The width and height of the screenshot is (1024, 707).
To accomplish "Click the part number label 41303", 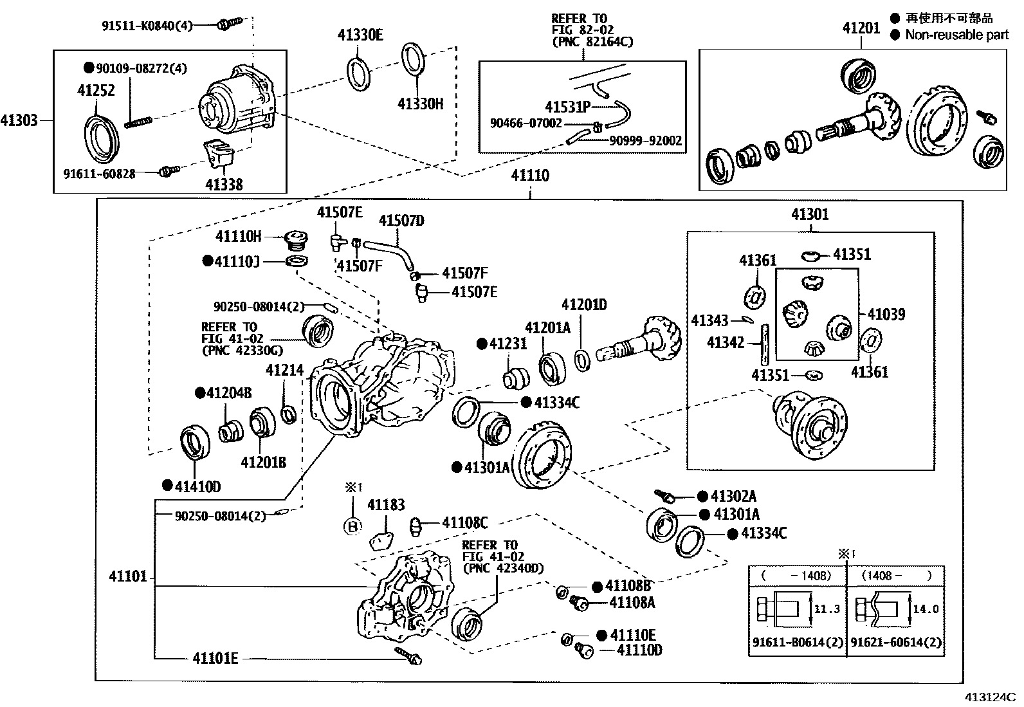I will click(x=19, y=120).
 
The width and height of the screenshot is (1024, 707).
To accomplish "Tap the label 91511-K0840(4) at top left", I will click(x=147, y=26).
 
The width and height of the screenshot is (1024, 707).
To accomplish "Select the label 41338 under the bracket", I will click(x=224, y=185).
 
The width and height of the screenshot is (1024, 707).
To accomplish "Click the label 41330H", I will click(x=420, y=104).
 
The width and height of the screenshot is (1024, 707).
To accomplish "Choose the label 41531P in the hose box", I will click(x=567, y=107).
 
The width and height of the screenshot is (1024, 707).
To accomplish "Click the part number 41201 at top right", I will click(x=861, y=28).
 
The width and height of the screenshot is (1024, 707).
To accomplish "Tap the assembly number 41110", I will click(x=530, y=175).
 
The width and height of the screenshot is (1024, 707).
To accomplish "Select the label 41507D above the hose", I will click(x=401, y=221).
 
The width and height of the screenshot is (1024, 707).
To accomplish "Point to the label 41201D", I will click(x=583, y=305).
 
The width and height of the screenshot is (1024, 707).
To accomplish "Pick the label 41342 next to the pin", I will click(x=726, y=342).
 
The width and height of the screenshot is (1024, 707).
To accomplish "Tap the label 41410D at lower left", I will click(x=197, y=486).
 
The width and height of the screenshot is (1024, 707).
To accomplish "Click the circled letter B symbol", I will click(x=352, y=526).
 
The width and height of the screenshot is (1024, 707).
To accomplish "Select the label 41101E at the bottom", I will click(x=215, y=658).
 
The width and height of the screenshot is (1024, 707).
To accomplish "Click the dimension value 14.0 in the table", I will click(x=926, y=609).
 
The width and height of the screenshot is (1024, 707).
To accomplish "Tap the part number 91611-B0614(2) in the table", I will click(x=796, y=642).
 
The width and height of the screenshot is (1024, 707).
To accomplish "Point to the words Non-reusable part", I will click(x=956, y=35).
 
